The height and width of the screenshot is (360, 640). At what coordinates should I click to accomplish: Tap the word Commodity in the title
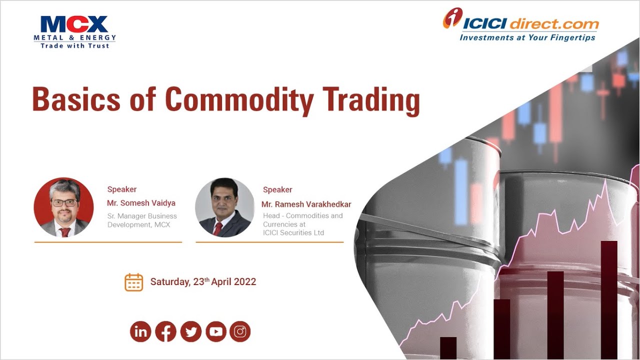coord(239,99)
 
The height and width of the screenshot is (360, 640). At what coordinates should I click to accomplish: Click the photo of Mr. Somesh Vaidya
coord(63,207)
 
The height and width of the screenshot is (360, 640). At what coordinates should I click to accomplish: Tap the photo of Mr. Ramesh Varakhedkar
coord(224,207)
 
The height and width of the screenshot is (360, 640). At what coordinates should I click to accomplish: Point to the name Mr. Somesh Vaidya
coord(141,203)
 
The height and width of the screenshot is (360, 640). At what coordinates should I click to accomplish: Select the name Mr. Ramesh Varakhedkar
coord(306,204)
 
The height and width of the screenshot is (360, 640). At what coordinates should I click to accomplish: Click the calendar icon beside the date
coord(133,282)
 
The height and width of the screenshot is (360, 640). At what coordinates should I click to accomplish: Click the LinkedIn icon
coord(140,331)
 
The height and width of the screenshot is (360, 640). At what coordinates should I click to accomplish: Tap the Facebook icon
coord(165,331)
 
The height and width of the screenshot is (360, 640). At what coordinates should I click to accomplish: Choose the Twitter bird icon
coord(190,331)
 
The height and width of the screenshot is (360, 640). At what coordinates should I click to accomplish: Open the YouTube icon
coord(215,331)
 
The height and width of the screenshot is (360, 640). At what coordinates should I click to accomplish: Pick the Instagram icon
coord(240,331)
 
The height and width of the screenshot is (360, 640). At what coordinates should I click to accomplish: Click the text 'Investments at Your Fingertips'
coord(527,37)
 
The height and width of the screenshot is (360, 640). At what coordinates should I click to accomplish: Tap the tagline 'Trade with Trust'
coord(74,45)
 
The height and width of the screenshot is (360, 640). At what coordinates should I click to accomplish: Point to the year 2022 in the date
coord(245,282)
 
